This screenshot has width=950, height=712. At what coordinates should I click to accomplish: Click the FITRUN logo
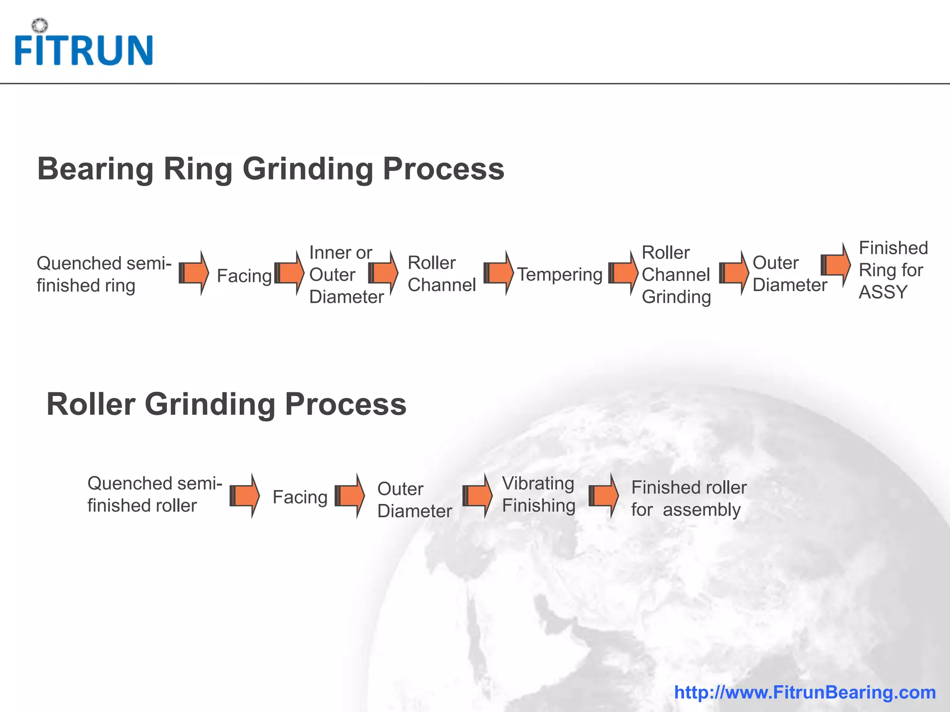tap(83, 49)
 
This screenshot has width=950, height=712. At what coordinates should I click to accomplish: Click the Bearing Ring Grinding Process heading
tap(270, 169)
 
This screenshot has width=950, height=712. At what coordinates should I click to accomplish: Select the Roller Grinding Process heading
tap(226, 404)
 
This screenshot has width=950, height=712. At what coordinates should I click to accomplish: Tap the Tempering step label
tap(559, 274)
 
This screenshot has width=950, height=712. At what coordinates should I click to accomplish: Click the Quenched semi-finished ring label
tap(104, 274)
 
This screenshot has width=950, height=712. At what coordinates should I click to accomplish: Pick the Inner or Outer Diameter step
tap(346, 274)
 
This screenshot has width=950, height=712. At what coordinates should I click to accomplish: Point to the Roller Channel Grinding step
tap(676, 274)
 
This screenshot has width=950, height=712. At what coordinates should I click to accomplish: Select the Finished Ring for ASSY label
tap(892, 270)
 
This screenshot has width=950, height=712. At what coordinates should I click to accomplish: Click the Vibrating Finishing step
tap(539, 494)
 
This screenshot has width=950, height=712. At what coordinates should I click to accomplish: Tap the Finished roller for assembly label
tap(688, 498)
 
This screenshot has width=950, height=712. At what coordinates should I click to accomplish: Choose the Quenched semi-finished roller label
tap(154, 494)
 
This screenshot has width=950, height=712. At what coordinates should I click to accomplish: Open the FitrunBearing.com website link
tap(805, 692)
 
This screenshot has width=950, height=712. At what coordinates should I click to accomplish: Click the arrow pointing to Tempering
tap(498, 273)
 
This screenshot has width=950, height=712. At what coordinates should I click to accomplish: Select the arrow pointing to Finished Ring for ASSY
tap(835, 265)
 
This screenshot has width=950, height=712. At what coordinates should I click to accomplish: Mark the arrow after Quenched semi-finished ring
tap(194, 273)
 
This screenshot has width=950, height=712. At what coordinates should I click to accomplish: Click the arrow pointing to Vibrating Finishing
tap(477, 496)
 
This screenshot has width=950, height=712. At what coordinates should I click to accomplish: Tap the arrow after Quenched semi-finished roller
tap(244, 496)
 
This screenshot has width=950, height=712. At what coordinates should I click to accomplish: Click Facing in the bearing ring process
tap(244, 276)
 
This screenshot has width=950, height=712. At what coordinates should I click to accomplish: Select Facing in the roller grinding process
tap(300, 497)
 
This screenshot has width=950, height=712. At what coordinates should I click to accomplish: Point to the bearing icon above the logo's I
tap(40, 25)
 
